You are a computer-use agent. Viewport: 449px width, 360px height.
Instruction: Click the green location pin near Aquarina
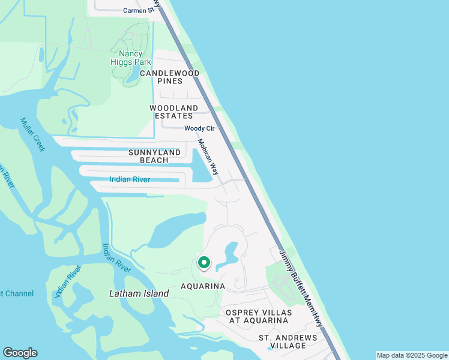(x=203, y=263)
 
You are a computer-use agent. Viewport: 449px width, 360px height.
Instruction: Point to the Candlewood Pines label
(x=169, y=77)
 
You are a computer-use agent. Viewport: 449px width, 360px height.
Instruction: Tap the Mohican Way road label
(x=207, y=157)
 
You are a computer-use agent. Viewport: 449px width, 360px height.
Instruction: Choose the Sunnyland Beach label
(x=154, y=157)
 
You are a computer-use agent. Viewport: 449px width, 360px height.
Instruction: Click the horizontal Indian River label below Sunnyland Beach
(x=130, y=179)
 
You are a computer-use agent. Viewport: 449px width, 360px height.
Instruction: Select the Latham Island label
(x=139, y=293)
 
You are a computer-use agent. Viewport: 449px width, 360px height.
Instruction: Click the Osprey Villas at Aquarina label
(x=259, y=317)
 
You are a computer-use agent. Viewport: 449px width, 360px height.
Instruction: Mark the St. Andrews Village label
(x=288, y=342)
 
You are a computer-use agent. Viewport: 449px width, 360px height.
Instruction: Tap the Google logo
(x=20, y=353)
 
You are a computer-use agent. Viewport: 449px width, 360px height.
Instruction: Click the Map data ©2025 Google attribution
(x=412, y=355)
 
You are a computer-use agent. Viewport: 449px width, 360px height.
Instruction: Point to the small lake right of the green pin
(x=229, y=255)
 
